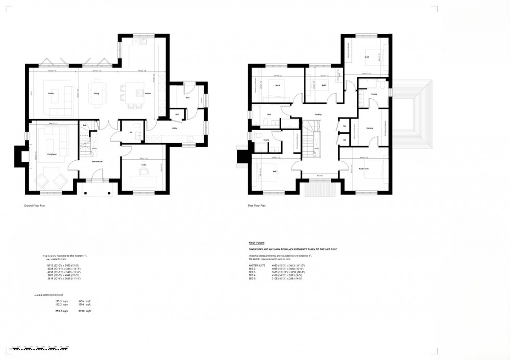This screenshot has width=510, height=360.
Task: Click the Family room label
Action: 51,93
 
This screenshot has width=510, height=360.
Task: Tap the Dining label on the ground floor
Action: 96,93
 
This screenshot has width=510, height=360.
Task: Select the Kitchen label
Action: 147,93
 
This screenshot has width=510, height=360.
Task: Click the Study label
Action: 143,166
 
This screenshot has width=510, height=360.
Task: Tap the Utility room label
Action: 175,127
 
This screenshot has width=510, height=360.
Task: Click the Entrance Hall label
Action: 97,162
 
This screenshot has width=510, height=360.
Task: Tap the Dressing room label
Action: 369,127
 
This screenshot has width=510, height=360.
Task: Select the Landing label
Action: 318,115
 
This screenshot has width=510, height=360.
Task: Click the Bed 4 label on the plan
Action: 277,85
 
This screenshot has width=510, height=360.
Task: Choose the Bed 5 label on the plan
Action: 324,85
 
